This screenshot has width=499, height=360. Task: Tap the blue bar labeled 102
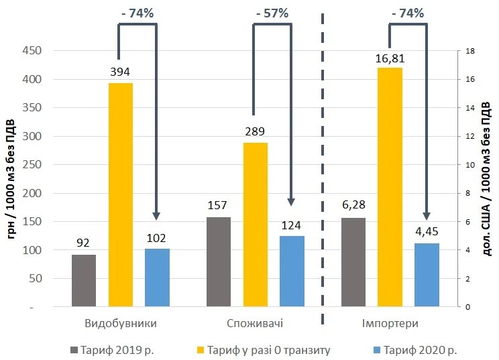pyautogui.click(x=158, y=278)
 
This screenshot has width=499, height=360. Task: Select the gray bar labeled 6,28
pyautogui.click(x=353, y=262)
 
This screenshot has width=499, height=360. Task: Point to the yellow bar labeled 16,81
pyautogui.click(x=390, y=187)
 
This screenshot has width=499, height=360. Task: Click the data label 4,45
pyautogui.click(x=427, y=233)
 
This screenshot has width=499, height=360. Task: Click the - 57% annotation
pyautogui.click(x=272, y=13)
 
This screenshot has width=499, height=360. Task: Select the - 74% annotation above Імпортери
pyautogui.click(x=406, y=13)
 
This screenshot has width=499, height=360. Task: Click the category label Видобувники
pyautogui.click(x=121, y=324)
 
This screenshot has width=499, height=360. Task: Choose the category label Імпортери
pyautogui.click(x=391, y=324)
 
